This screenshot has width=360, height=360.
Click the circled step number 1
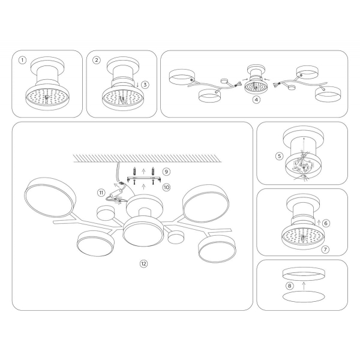23,60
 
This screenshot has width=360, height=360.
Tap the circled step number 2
97,60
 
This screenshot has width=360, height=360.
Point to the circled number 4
257,101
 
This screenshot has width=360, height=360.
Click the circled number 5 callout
279,157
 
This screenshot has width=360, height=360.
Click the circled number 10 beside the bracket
166,187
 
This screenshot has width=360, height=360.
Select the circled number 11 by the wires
102,193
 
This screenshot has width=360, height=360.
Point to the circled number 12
143,263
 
